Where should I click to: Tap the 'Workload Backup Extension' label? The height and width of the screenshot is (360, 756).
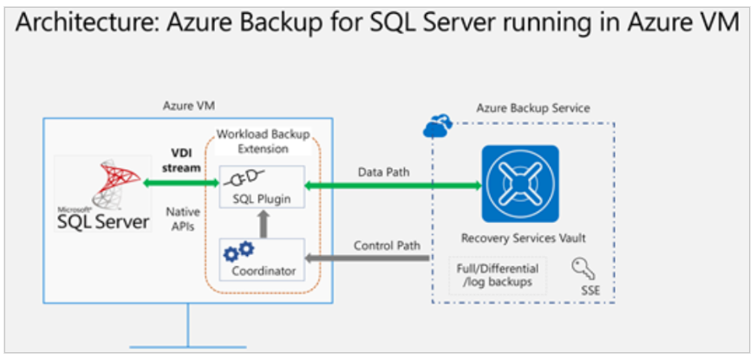pyautogui.click(x=262, y=141)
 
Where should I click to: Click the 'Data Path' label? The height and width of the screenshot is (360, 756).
pyautogui.click(x=383, y=172)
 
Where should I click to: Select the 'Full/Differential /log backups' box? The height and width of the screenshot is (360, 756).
pyautogui.click(x=498, y=275)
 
